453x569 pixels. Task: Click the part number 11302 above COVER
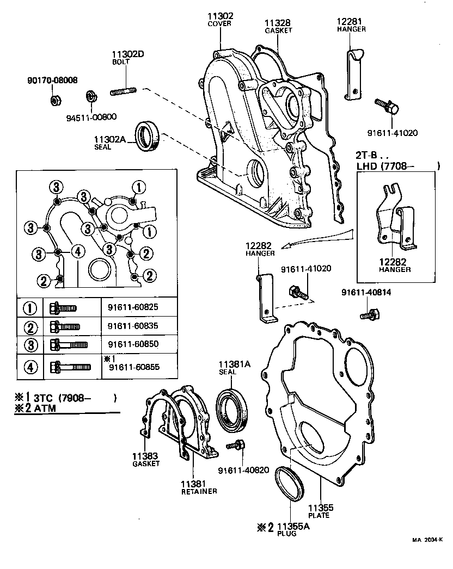(220, 16)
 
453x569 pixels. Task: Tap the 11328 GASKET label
(278, 26)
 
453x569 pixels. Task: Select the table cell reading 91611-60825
(133, 307)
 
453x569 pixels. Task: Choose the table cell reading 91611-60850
(133, 345)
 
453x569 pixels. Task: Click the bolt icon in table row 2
(64, 327)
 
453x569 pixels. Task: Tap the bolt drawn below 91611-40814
(369, 314)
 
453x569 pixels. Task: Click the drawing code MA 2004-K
(428, 540)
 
